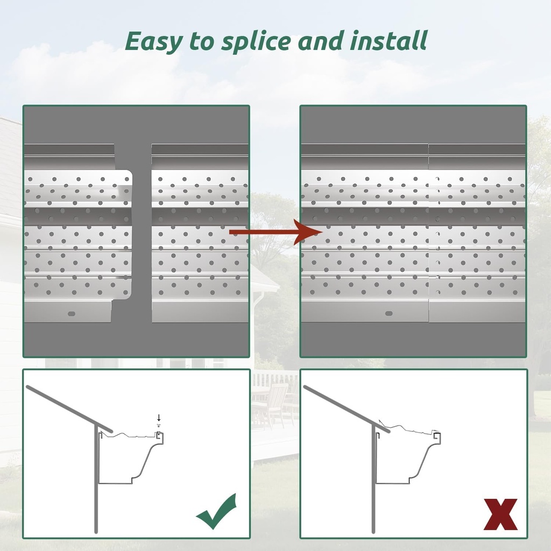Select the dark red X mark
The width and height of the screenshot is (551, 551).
500,514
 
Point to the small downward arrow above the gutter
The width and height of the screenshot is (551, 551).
159,418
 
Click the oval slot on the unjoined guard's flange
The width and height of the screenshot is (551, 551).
72,312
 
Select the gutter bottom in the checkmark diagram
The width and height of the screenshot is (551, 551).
116,483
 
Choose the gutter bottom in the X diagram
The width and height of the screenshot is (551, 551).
393,483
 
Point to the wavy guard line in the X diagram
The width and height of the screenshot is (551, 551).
412,429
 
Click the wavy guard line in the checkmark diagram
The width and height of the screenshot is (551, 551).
132,434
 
